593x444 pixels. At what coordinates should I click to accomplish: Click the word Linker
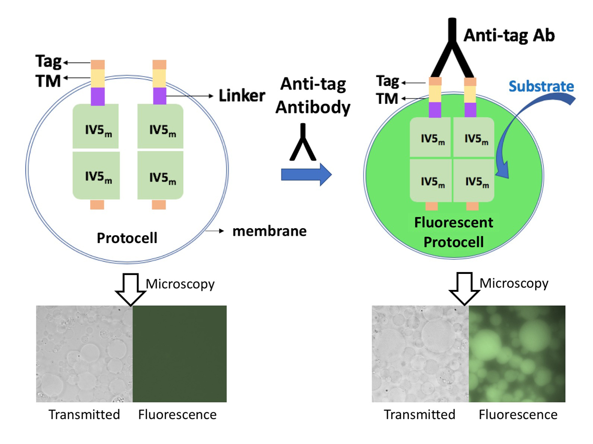tap(242, 95)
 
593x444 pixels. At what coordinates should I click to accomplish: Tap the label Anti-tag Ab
tap(509, 36)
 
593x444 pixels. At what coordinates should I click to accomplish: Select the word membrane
tap(269, 231)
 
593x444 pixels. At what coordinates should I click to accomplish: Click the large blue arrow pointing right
tap(306, 174)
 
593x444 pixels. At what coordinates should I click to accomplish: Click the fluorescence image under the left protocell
tap(179, 354)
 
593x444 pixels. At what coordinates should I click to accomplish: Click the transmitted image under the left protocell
tap(85, 354)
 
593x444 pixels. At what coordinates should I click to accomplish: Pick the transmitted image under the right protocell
tap(420, 354)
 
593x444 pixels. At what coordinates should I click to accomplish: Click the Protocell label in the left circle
tap(127, 238)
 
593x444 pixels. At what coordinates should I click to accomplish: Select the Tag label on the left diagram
tap(48, 62)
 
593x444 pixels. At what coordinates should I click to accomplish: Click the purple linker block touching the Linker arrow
tap(159, 95)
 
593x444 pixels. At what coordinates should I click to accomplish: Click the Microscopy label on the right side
tap(513, 283)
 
